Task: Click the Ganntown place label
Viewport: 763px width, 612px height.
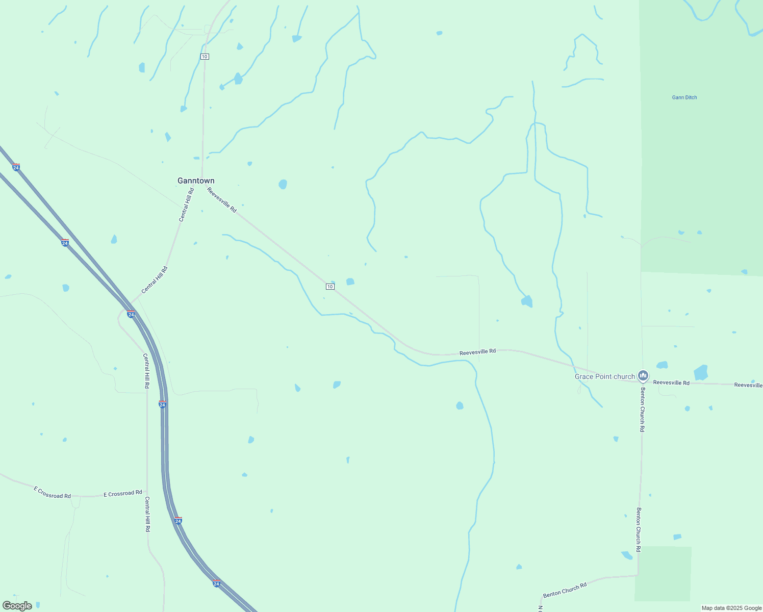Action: point(196,181)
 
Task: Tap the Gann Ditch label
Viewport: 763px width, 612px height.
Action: point(684,97)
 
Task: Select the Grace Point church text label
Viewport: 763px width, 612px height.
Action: point(605,376)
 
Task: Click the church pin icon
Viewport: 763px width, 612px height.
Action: point(643,375)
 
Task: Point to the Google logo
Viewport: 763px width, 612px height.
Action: point(17,606)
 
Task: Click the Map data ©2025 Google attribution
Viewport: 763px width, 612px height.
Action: point(731,608)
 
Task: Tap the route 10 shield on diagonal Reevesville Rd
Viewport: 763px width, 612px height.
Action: point(330,287)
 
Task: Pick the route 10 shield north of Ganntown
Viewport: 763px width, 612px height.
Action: point(205,56)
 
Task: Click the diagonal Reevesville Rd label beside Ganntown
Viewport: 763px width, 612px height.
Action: point(222,200)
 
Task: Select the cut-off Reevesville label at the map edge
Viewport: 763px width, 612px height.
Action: point(748,385)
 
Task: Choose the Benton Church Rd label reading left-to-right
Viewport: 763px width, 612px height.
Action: point(565,590)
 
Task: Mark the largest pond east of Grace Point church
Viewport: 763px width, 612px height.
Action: point(701,372)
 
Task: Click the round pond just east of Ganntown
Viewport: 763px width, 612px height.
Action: point(283,184)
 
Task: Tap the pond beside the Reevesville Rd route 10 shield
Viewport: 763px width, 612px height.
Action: point(350,282)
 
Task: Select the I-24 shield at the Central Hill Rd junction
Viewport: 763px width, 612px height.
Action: point(131,314)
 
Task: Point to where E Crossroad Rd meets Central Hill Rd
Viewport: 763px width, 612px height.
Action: point(147,493)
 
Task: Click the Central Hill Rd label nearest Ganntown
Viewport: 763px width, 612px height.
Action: point(187,205)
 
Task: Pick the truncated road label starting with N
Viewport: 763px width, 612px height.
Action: point(540,608)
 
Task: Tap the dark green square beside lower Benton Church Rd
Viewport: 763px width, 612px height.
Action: point(663,574)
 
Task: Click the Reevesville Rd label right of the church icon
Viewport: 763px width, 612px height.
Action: point(671,382)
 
